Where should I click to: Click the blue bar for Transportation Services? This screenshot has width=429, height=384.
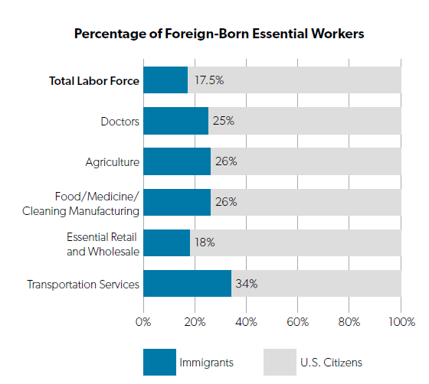(x=187, y=284)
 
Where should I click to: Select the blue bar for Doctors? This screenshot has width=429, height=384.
(x=175, y=121)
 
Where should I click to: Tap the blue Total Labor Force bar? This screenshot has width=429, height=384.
(x=165, y=80)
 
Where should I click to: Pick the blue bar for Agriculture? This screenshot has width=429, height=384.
(x=177, y=161)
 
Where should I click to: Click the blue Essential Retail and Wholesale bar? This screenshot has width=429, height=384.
(x=167, y=242)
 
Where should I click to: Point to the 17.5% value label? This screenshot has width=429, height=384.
(x=209, y=80)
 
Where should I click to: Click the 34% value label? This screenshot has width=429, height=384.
(x=247, y=284)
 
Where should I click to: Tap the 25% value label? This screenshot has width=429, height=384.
(x=224, y=121)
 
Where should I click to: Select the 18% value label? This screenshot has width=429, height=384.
(x=205, y=242)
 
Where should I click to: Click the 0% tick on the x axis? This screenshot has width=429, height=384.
(x=143, y=322)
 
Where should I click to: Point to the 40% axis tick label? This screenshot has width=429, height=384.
(x=246, y=322)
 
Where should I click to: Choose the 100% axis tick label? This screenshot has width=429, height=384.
(x=402, y=322)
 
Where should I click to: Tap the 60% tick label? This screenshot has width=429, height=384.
(x=298, y=322)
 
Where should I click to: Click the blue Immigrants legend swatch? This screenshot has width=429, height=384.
(x=159, y=362)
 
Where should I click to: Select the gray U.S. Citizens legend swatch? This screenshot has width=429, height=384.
(x=280, y=362)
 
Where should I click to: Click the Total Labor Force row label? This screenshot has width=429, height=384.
(x=94, y=81)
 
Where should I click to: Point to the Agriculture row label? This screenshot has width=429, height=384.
(x=113, y=162)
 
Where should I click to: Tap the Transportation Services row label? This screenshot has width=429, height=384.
(x=84, y=285)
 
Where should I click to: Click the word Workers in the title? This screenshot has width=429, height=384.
(x=338, y=34)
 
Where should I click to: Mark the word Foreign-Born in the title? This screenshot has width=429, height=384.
(x=207, y=34)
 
